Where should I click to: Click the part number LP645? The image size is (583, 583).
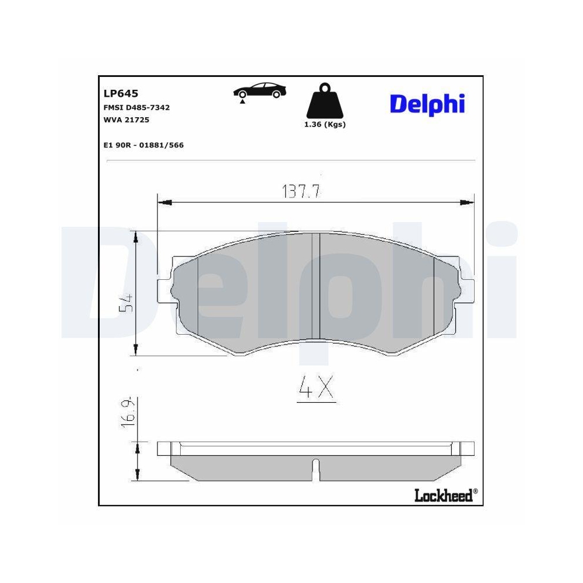120,93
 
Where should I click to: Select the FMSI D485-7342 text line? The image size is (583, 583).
136,108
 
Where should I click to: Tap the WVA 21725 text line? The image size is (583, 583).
127,120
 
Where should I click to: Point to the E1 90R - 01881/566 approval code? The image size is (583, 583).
143,145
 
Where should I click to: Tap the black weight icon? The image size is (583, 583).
324,103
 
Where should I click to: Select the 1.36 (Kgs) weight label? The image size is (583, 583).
325,125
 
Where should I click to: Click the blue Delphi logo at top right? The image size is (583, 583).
427,104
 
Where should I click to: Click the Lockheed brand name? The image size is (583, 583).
443,496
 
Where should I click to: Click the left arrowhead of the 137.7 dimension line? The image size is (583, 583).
164,202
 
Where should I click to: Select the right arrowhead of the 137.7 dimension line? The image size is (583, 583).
468,202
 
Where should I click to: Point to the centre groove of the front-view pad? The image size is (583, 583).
316,286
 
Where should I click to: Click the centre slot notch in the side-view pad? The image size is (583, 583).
316,466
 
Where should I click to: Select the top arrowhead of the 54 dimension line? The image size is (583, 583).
136,236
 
